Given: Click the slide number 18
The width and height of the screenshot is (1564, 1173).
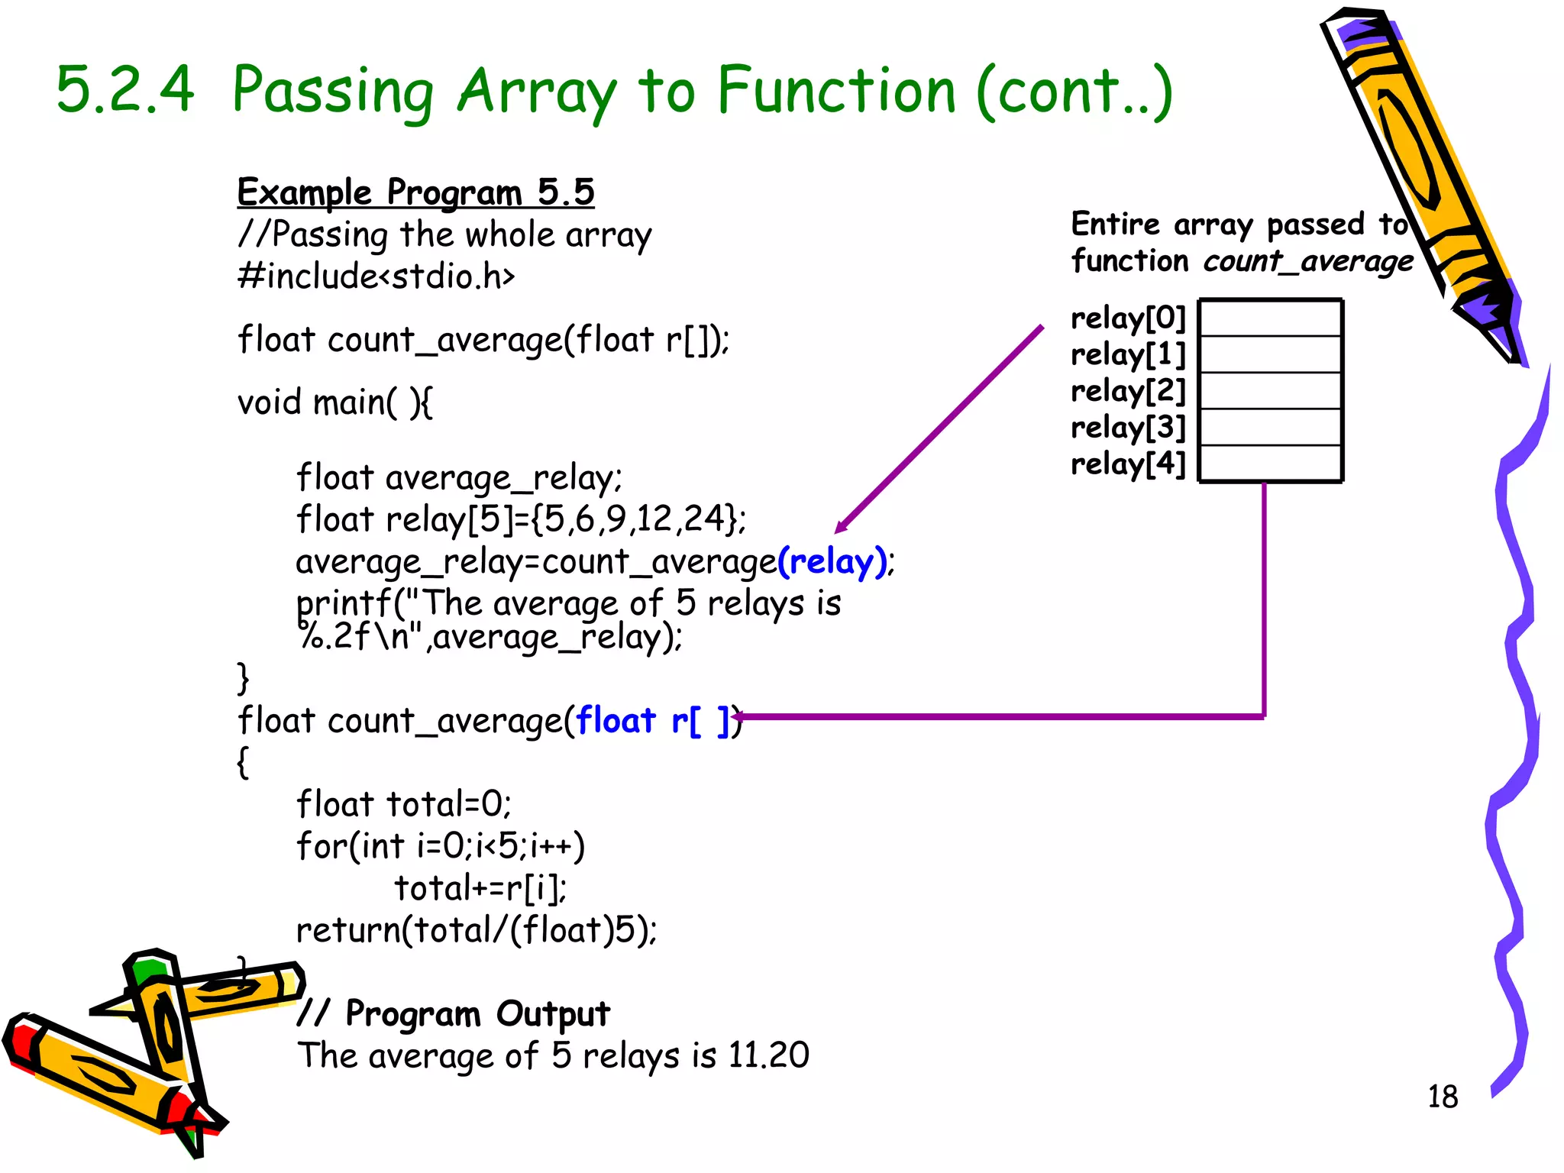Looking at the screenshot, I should click(1442, 1097).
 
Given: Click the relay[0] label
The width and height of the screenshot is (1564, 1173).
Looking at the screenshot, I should click(1127, 318).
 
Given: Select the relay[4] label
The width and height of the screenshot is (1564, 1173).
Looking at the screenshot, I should click(1127, 464).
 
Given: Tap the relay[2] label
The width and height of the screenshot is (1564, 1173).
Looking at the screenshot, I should click(1127, 391).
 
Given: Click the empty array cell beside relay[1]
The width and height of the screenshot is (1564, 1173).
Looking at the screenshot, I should click(1271, 354).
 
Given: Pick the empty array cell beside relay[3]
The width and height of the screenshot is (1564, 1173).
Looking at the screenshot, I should click(1271, 427).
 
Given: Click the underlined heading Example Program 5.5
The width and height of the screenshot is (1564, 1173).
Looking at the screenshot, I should click(415, 192).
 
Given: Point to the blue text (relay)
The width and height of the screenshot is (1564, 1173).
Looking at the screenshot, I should click(833, 562).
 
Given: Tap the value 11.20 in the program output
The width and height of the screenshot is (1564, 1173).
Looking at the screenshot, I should click(768, 1055).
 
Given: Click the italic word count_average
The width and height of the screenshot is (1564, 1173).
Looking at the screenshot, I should click(1308, 262).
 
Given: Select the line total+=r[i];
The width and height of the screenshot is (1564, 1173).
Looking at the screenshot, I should click(480, 888).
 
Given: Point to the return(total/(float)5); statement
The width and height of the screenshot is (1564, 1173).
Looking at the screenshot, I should click(476, 930).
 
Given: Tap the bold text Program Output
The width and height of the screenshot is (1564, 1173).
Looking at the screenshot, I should click(477, 1014).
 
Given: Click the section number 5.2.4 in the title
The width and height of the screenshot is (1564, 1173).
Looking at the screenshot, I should click(126, 90).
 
